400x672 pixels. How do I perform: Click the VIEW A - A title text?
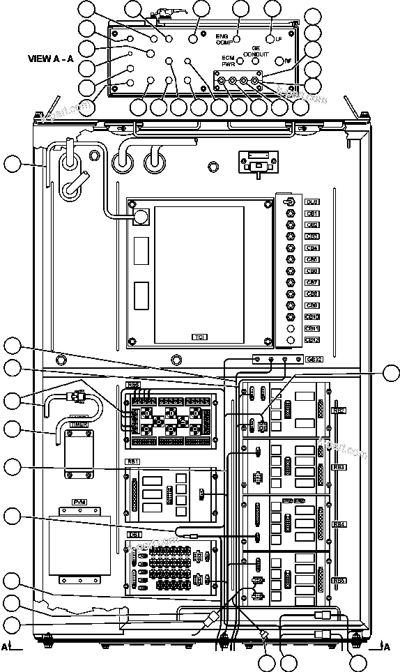(51, 59)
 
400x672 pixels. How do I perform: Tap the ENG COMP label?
(222, 38)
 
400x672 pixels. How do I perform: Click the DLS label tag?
(312, 201)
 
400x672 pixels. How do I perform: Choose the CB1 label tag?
(312, 213)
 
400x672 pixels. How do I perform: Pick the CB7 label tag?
(312, 282)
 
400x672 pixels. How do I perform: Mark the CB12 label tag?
(312, 340)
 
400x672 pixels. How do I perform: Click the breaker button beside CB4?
(291, 248)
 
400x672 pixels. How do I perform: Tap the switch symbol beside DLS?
(291, 201)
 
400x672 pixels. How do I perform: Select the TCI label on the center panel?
(200, 337)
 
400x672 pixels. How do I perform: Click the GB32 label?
(313, 360)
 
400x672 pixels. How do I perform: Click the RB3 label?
(339, 466)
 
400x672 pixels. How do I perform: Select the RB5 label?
(339, 581)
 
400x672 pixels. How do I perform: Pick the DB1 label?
(134, 535)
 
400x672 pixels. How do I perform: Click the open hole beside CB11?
(291, 328)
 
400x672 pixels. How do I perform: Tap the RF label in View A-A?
(287, 61)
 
